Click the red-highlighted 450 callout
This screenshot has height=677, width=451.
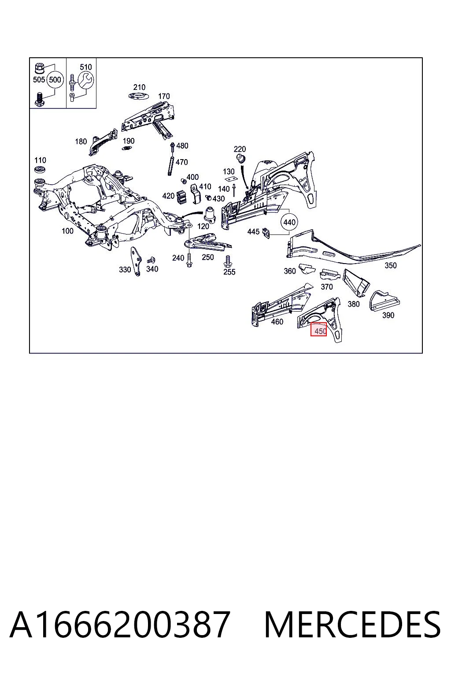319,329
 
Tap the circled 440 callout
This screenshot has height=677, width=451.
289,223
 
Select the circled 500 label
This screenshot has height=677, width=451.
55,80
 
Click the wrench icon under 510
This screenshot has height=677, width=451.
86,80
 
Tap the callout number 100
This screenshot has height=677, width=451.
67,231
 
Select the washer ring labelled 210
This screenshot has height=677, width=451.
139,97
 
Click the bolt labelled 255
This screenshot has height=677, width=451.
228,261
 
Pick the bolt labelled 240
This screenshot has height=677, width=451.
189,260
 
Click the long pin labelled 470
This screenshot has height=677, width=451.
171,165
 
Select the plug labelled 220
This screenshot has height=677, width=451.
240,158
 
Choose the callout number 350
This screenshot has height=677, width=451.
390,266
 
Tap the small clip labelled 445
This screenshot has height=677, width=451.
266,233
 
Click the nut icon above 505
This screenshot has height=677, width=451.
39,69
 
